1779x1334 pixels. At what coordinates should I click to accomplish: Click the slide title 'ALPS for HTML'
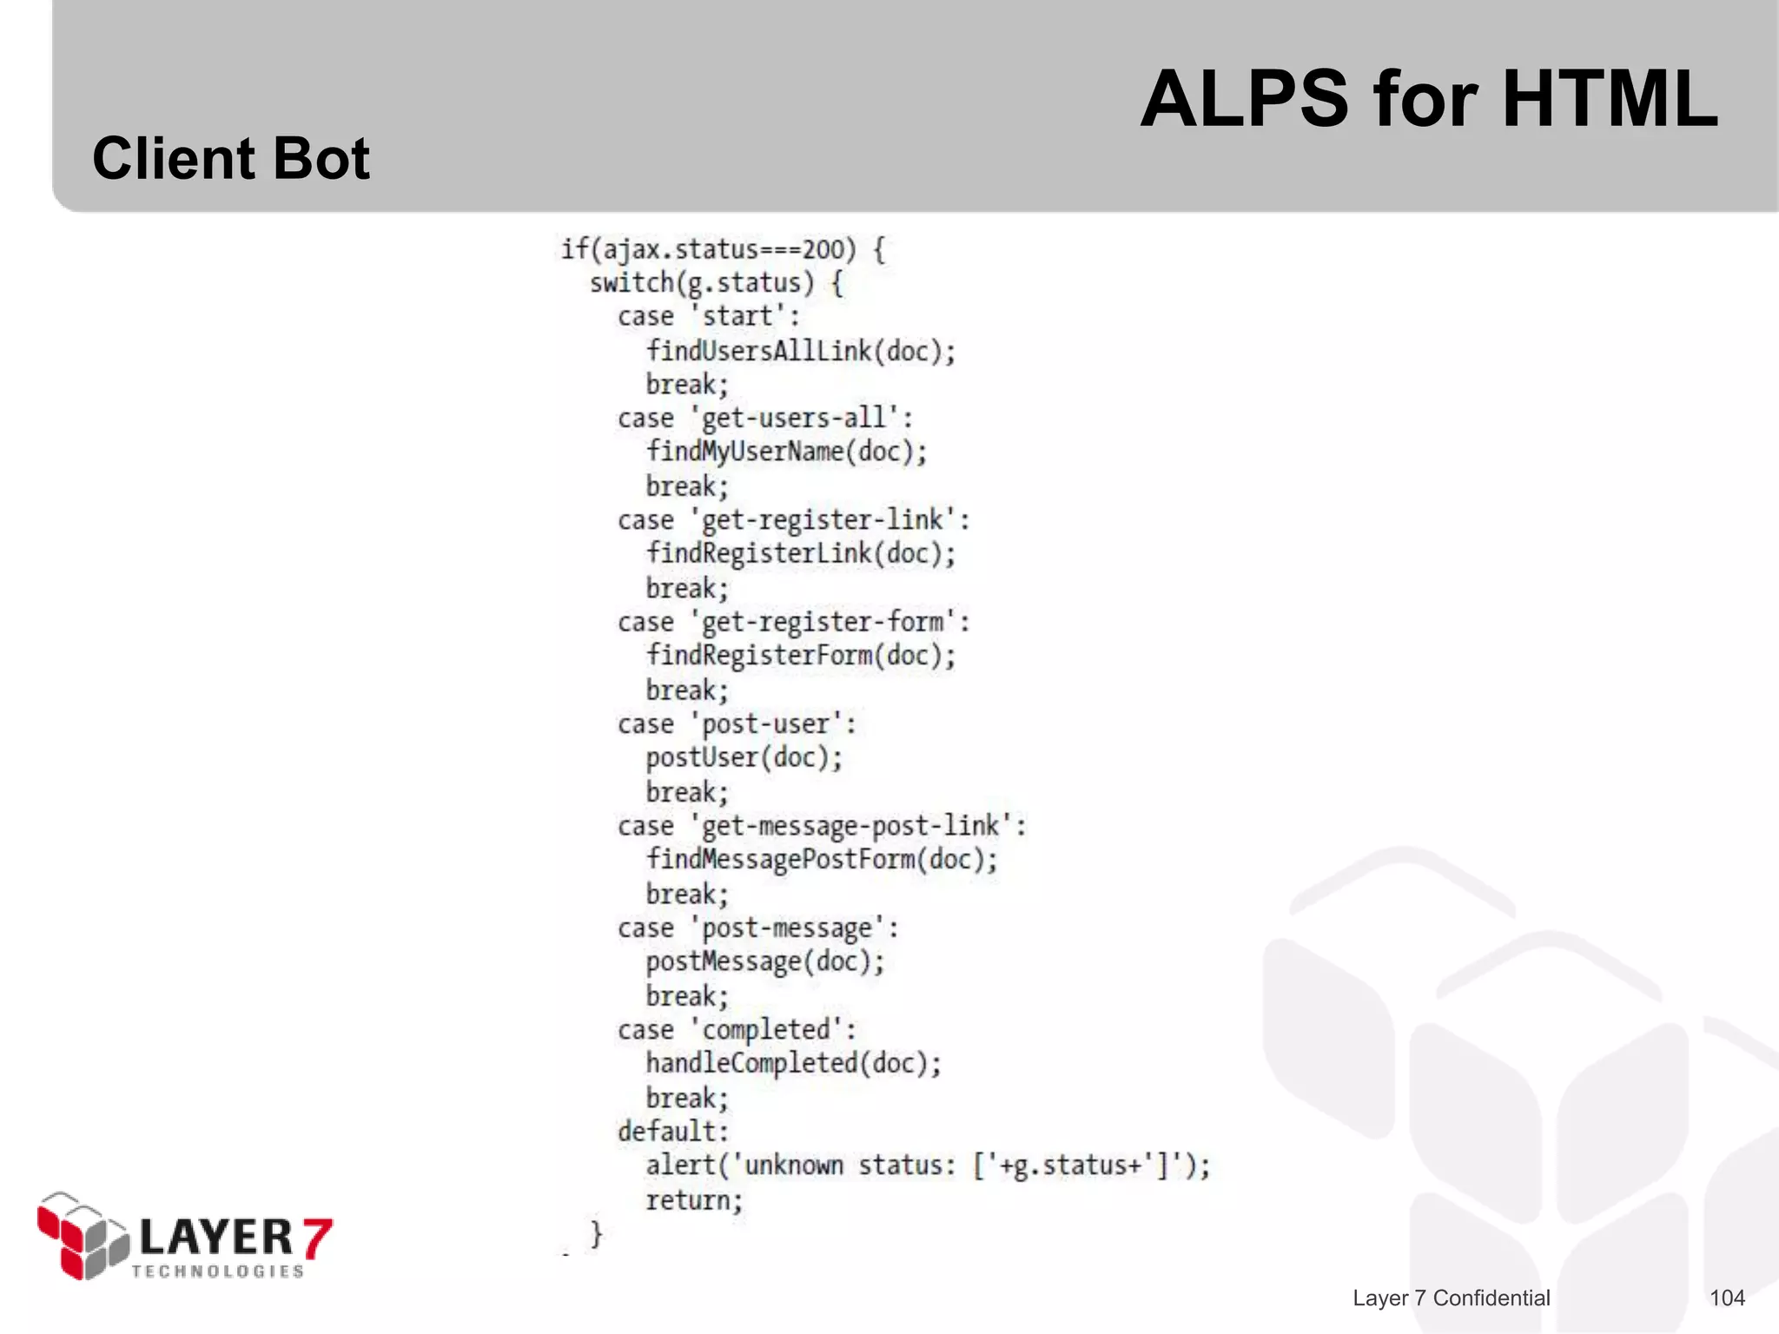(x=1428, y=99)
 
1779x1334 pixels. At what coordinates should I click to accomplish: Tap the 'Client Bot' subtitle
(x=231, y=159)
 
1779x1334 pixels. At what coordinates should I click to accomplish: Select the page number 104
(x=1727, y=1298)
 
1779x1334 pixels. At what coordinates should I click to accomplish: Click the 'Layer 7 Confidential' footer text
(x=1451, y=1298)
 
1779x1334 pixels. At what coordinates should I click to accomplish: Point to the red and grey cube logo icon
(x=83, y=1235)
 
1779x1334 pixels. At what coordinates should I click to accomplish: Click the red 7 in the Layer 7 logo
(x=317, y=1237)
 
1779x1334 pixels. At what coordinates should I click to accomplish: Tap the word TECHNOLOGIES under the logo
(x=218, y=1271)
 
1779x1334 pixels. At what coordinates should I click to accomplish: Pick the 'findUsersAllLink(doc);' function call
(x=800, y=351)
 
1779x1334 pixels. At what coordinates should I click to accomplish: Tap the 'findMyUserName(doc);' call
(x=786, y=452)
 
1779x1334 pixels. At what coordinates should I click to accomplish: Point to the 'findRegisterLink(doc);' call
(x=800, y=553)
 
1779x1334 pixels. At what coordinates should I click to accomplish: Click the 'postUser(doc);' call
(x=744, y=757)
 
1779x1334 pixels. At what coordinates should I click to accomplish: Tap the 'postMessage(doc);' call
(x=764, y=961)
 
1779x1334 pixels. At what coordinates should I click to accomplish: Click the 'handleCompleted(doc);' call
(x=793, y=1063)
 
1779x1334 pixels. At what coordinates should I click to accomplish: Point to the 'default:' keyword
(x=673, y=1131)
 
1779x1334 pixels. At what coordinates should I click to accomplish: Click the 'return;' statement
(x=694, y=1200)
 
